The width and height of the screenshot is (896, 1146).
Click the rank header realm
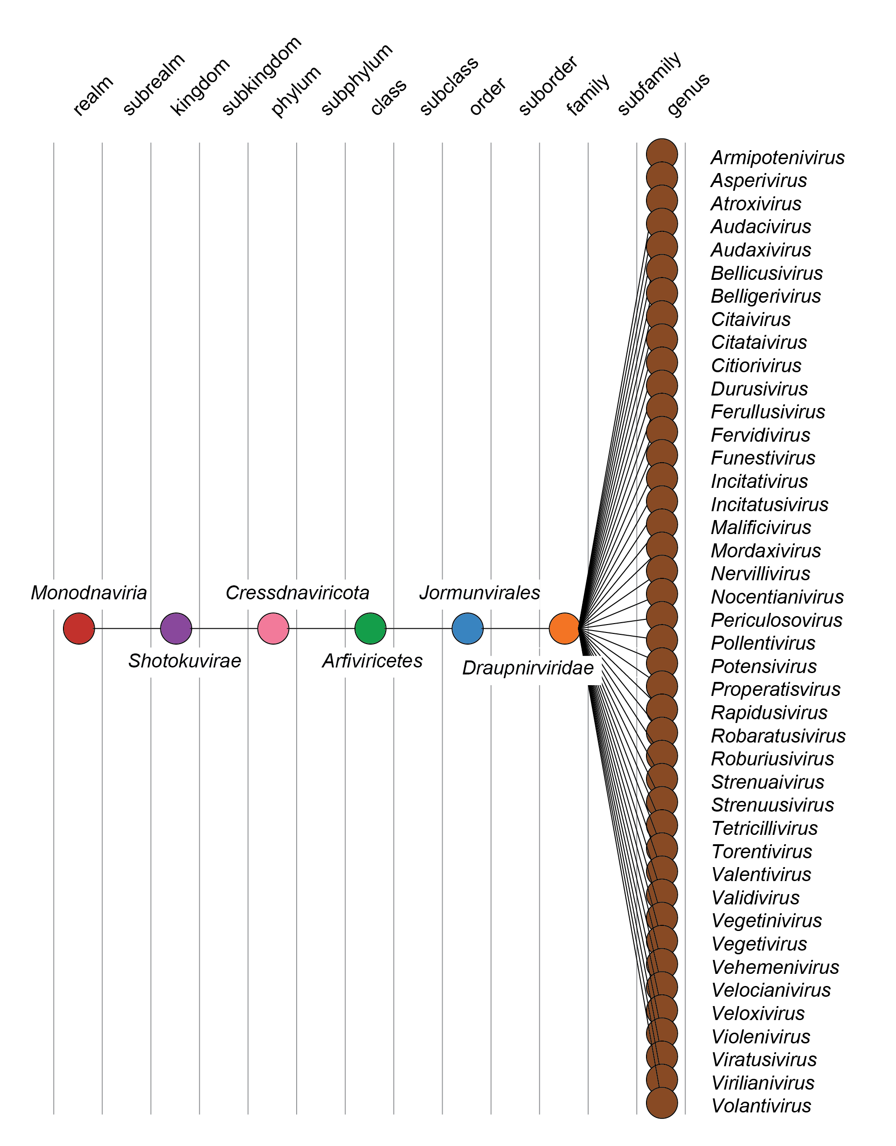93,96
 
